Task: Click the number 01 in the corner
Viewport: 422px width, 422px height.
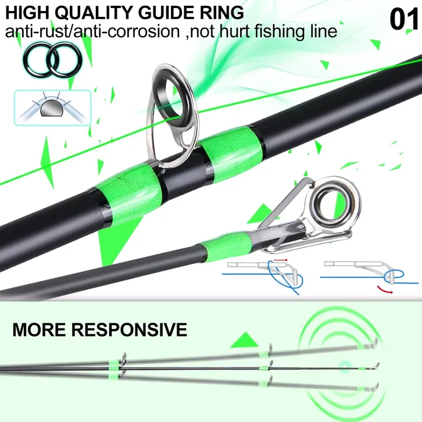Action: click(x=405, y=19)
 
